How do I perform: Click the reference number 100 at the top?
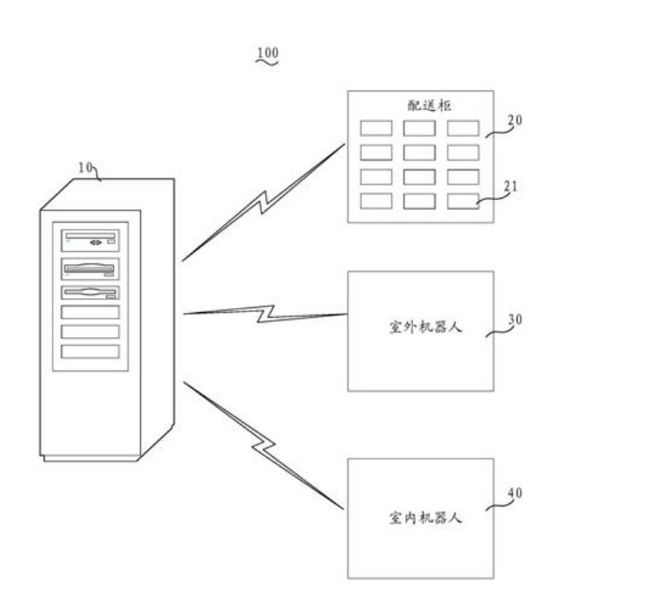tap(268, 54)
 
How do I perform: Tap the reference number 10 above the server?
tap(86, 167)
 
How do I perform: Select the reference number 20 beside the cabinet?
tap(514, 120)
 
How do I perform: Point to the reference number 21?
tap(510, 186)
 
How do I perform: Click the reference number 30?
tap(514, 320)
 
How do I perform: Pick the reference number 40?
tap(514, 493)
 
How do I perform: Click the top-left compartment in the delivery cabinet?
tap(376, 128)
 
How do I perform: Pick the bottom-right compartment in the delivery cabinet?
tap(463, 201)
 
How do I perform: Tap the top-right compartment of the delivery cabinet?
tap(463, 128)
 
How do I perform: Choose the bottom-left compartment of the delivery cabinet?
tap(376, 201)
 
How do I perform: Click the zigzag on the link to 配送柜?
tap(263, 202)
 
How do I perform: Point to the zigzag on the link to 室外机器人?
tap(265, 313)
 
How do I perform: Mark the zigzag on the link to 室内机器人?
tap(262, 445)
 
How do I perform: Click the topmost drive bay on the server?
tap(90, 241)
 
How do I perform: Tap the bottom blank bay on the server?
tap(90, 352)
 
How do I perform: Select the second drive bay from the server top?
tap(90, 269)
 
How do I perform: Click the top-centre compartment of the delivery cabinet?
tap(419, 128)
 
